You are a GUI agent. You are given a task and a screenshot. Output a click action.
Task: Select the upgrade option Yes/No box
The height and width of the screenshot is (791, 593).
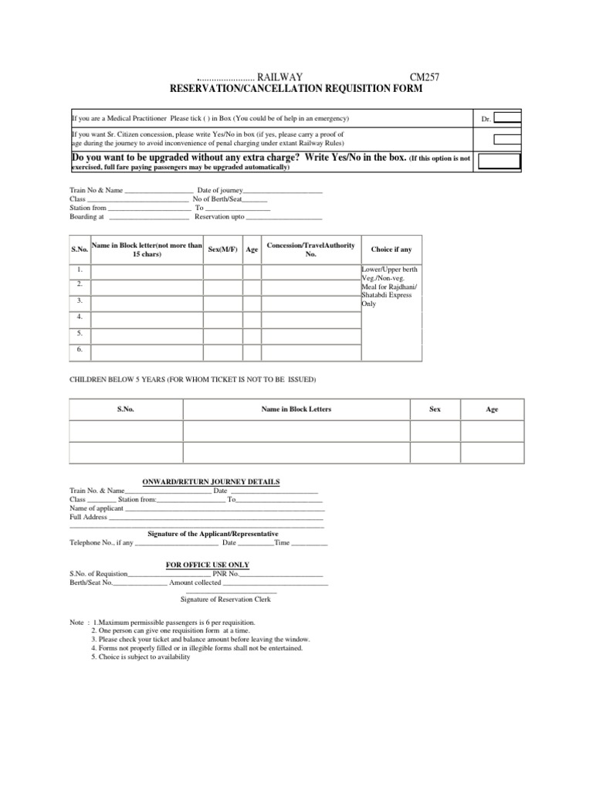(500, 161)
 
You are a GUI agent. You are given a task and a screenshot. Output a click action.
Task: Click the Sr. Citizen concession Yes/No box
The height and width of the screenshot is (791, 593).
(507, 139)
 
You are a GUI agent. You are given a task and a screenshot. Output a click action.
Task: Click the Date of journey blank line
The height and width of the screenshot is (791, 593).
(283, 190)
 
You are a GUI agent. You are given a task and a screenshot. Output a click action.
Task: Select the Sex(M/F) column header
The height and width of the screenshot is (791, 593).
(223, 250)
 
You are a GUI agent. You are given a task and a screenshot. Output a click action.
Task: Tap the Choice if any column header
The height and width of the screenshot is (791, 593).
(391, 250)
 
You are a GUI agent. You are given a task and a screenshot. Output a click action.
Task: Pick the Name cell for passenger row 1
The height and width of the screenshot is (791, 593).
(147, 271)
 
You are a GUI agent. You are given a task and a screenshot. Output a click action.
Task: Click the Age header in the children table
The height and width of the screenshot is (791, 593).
(492, 409)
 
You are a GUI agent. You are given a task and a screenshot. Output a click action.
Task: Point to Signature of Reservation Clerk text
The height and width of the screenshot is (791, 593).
(225, 599)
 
